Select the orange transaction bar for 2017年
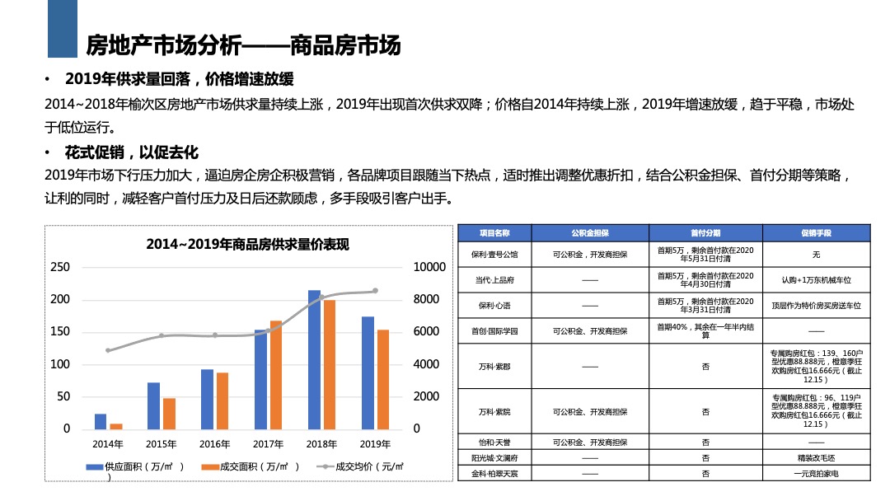276,375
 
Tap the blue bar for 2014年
101,421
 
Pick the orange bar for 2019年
383,379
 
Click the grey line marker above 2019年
376,291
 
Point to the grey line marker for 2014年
108,350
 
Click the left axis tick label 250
60,268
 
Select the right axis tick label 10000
429,268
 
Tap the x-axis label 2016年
214,444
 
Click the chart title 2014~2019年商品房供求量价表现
247,245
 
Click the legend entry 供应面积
136,467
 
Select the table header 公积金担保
590,232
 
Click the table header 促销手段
816,232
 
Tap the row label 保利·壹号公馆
495,255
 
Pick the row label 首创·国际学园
495,330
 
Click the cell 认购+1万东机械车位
816,280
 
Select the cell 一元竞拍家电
816,474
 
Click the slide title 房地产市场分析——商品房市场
244,45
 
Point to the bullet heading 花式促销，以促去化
132,152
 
